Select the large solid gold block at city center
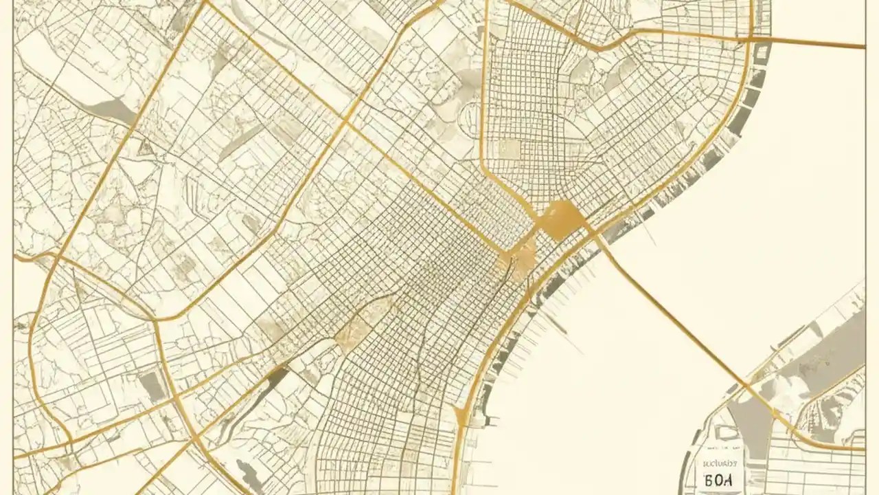[x=562, y=219]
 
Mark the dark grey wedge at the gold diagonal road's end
[x=277, y=374]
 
